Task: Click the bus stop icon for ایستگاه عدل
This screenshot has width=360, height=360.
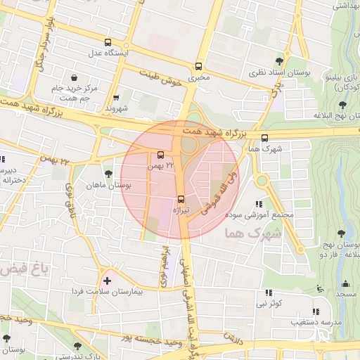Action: (108, 42)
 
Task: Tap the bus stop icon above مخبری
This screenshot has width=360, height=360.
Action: (199, 66)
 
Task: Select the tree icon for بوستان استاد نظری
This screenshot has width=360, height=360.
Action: (280, 60)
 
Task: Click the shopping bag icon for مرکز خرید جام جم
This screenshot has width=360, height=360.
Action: (75, 77)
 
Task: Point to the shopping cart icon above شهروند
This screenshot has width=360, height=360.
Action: (115, 98)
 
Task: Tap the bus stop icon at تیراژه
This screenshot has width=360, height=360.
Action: (181, 199)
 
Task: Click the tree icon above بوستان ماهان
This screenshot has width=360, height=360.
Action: (108, 174)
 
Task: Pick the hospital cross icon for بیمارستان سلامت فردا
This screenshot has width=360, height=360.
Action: (106, 281)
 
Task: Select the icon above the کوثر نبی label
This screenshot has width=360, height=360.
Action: (268, 292)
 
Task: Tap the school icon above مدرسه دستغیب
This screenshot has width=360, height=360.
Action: (316, 311)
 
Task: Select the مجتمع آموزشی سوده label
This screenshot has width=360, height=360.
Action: (268, 214)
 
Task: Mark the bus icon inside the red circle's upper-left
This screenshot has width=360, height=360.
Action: (161, 155)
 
